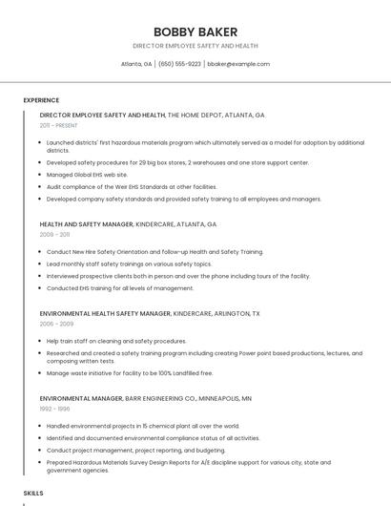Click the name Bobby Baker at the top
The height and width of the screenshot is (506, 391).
point(195,32)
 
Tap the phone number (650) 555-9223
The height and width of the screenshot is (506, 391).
point(179,64)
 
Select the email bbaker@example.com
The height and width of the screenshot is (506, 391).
point(238,64)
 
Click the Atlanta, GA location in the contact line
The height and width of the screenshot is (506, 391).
point(136,64)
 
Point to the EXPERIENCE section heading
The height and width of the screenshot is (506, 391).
point(41,100)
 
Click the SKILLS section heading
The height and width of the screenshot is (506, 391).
point(33,493)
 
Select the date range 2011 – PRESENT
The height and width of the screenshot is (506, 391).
point(58,125)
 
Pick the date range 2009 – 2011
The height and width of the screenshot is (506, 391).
point(54,234)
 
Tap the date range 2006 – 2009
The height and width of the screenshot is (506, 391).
point(56,324)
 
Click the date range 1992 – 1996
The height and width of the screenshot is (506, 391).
point(54,409)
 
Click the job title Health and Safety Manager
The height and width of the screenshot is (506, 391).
point(86,224)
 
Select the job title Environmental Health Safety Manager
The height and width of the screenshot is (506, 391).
point(105,313)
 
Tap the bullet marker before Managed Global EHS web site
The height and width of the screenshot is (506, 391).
point(41,175)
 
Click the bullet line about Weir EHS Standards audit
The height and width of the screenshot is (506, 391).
point(132,187)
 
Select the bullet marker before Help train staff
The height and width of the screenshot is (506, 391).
point(41,341)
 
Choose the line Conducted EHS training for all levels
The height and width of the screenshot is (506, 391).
point(120,288)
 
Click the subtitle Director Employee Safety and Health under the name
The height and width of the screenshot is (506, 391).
point(195,46)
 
